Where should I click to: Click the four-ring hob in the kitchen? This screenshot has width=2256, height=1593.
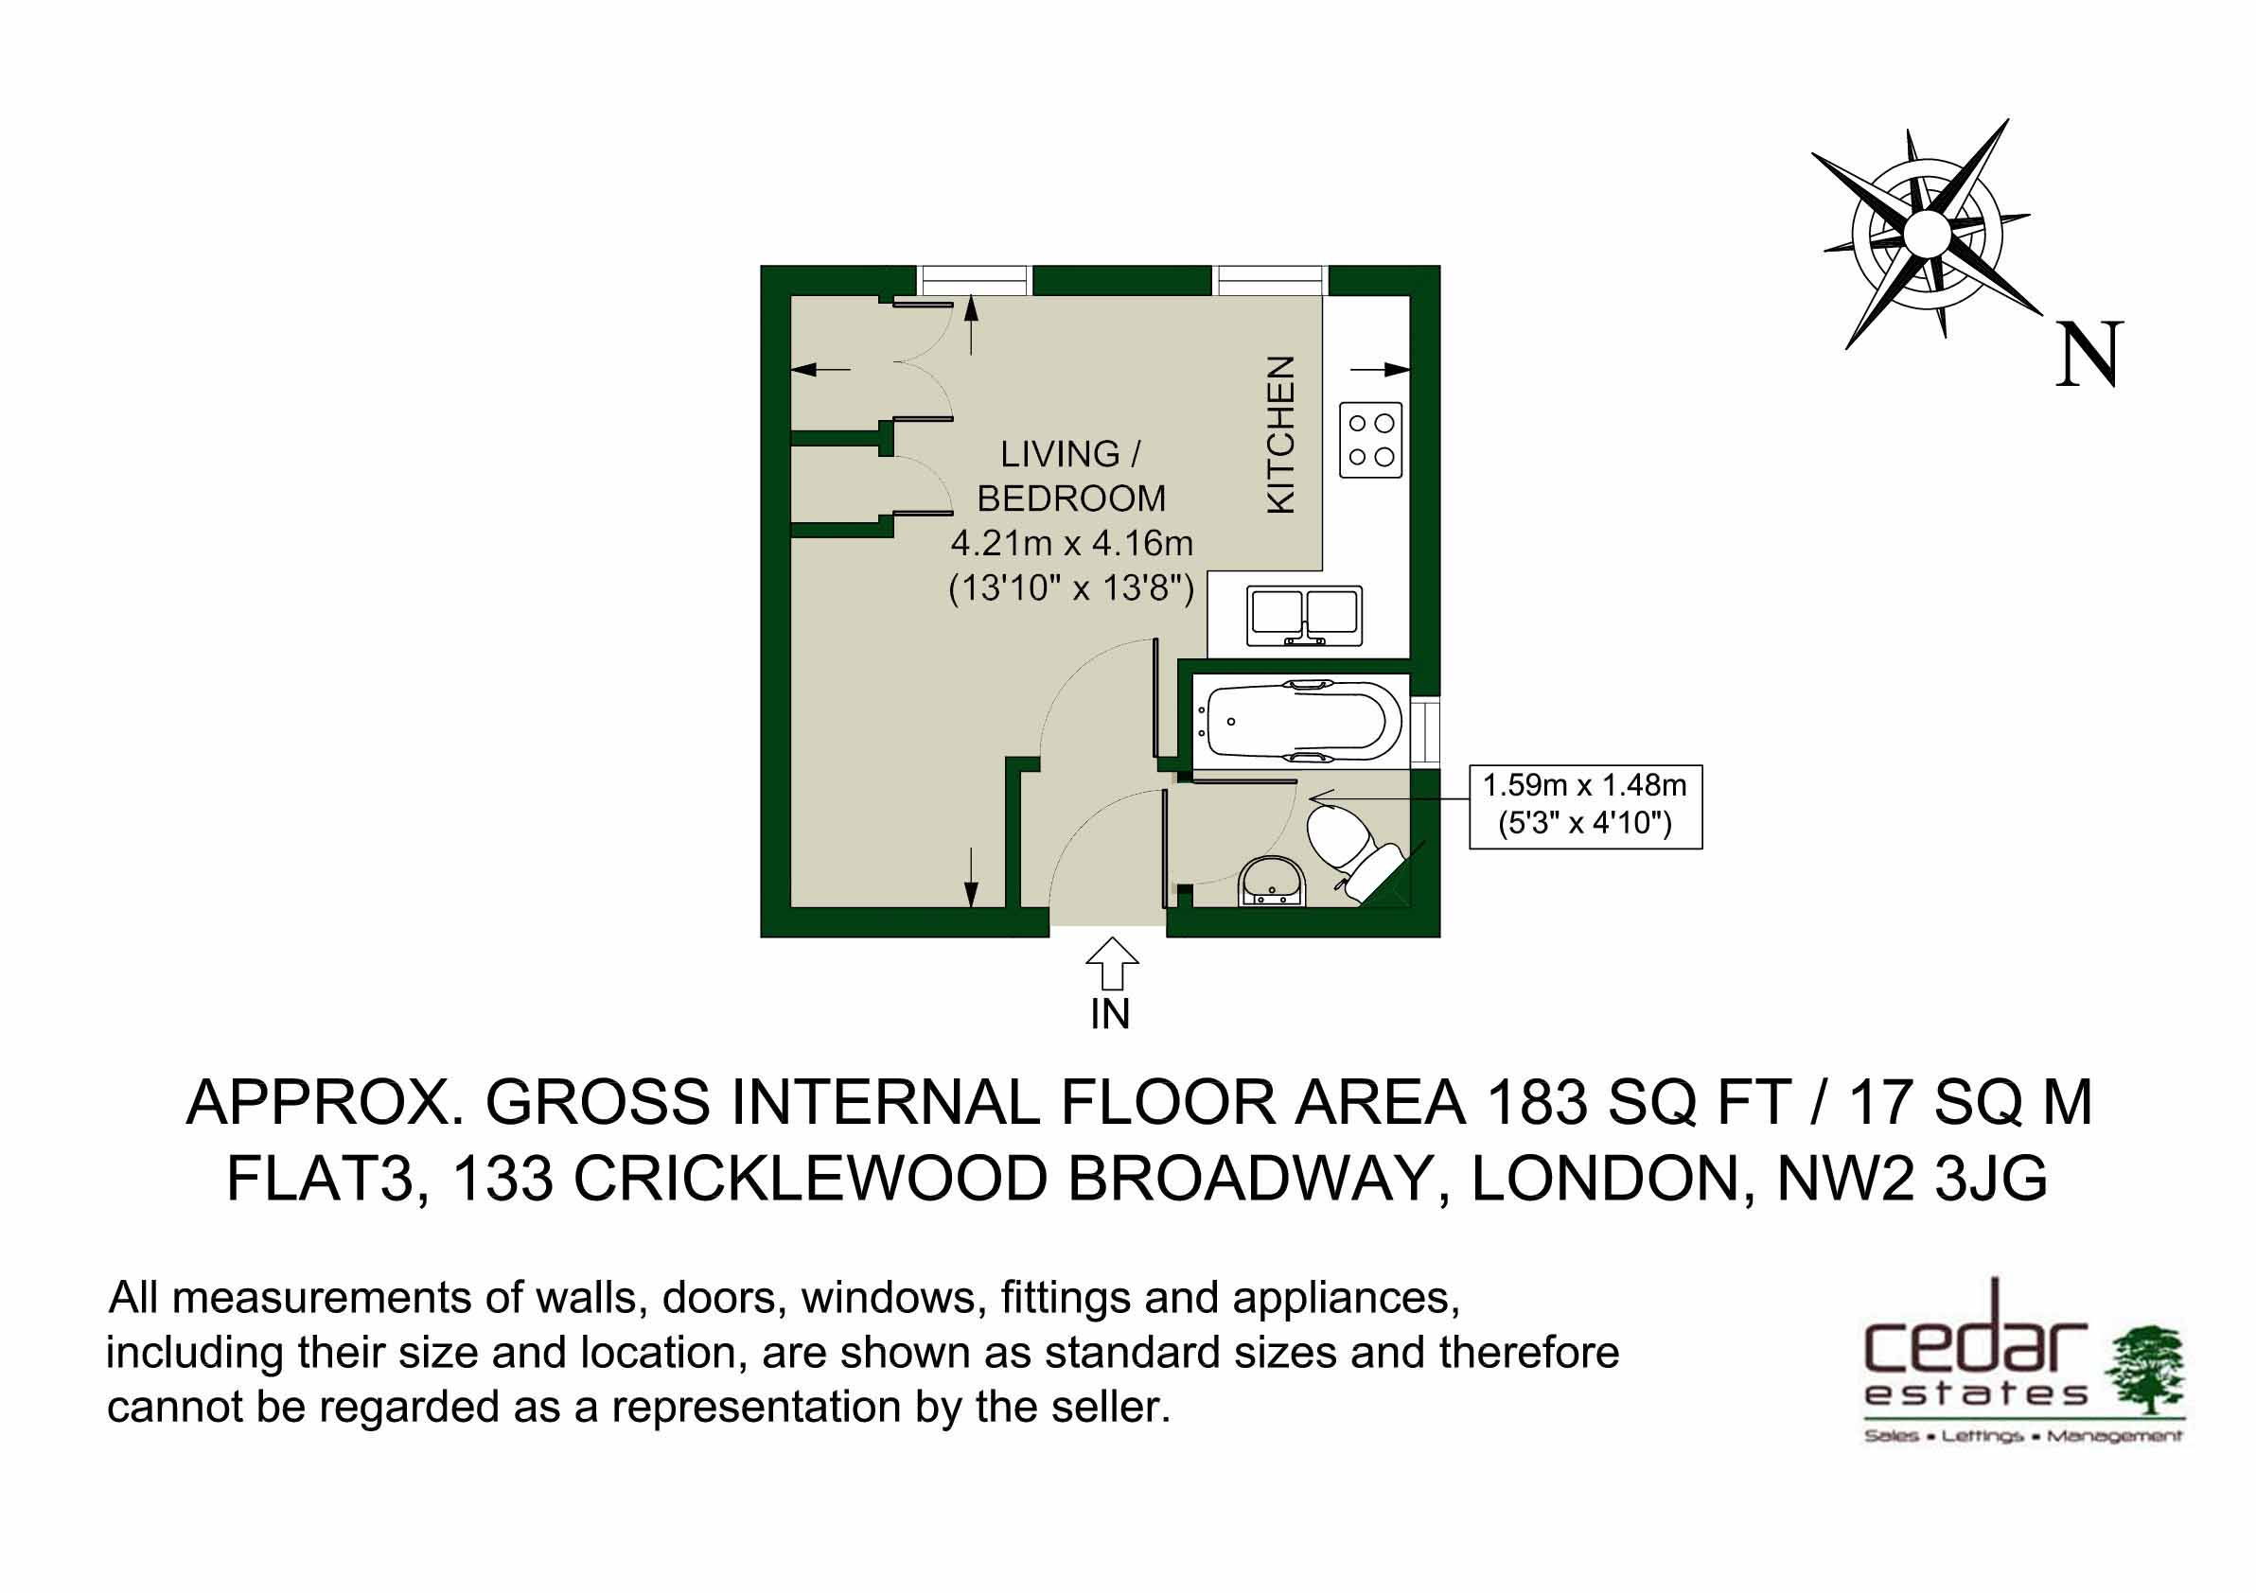(x=1370, y=440)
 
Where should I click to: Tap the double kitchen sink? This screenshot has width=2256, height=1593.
(x=1305, y=616)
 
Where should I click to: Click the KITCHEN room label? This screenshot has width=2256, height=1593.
(x=1281, y=434)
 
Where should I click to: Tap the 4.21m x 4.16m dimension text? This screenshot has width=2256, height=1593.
(x=1071, y=543)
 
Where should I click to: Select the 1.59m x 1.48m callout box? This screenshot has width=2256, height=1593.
(x=1585, y=806)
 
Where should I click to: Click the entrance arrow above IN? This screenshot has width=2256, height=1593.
(x=1111, y=963)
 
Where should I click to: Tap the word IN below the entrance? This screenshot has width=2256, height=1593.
(x=1110, y=1014)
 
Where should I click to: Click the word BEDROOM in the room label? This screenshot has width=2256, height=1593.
(x=1071, y=499)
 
